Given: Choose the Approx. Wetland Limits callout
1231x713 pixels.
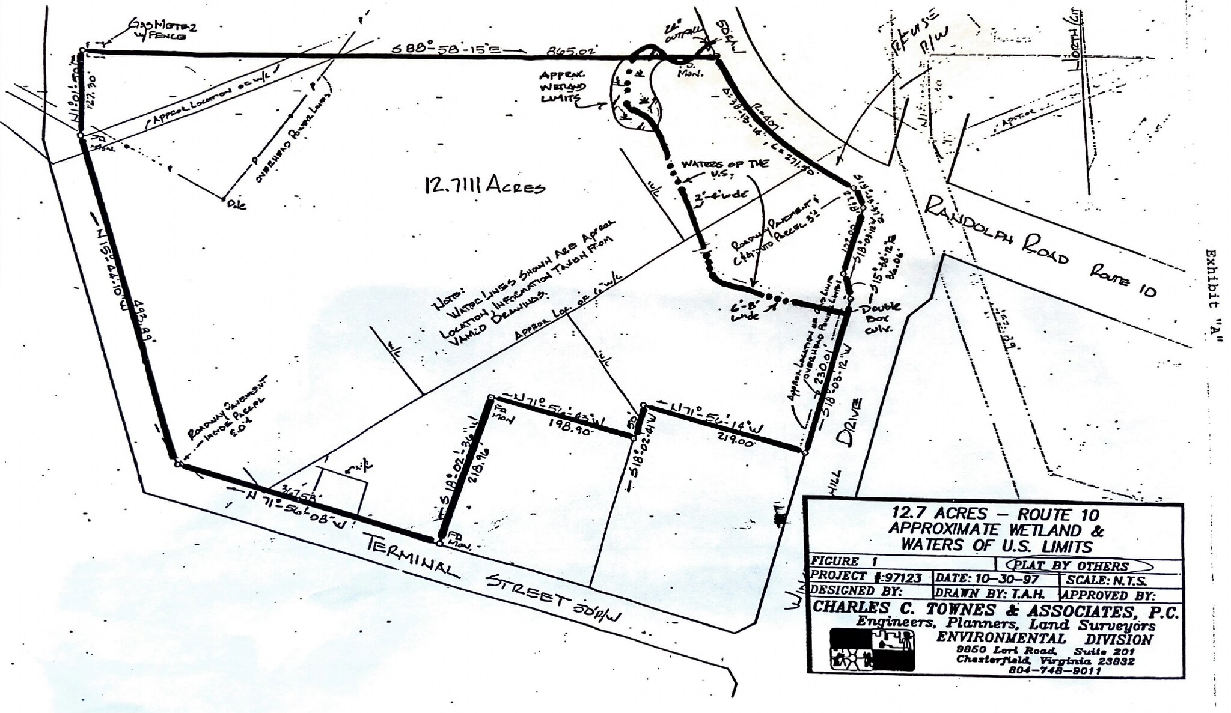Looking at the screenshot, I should pyautogui.click(x=563, y=87).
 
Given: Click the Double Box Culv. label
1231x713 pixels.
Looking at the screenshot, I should pyautogui.click(x=881, y=317).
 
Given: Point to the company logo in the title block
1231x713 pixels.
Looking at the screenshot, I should pyautogui.click(x=872, y=649).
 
